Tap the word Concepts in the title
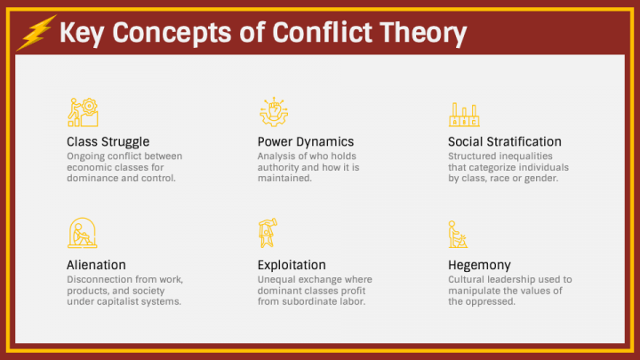[x=171, y=34]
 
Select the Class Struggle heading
[x=108, y=141]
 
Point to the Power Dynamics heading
[x=306, y=141]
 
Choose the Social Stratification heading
[x=505, y=141]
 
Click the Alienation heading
[x=96, y=265]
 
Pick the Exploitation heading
[x=292, y=265]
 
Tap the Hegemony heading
[x=479, y=265]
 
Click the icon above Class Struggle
[x=83, y=112]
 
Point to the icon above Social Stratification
[x=464, y=113]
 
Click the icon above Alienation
[x=82, y=233]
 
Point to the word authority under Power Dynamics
[x=280, y=167]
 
